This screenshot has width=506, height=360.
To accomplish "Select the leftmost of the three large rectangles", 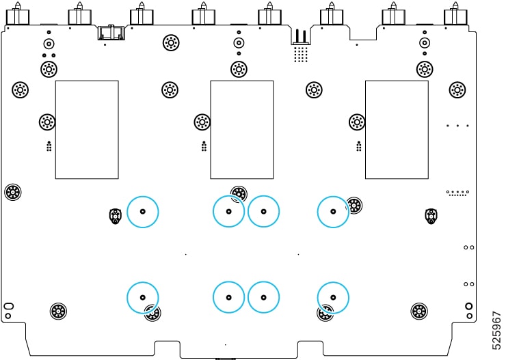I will [x=87, y=129].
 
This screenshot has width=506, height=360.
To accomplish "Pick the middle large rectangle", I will [x=241, y=129].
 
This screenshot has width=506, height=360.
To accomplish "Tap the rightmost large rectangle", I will [x=397, y=129].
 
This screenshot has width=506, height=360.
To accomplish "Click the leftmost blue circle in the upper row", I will [x=143, y=211].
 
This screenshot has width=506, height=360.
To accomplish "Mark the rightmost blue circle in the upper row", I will [x=333, y=211].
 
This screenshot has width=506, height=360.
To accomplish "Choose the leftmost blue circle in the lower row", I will [x=143, y=297].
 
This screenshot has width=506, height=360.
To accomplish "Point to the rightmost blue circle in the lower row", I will [x=333, y=297].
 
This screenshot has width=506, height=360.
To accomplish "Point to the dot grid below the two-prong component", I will [x=300, y=54].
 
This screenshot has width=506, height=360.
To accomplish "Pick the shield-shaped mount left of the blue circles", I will [x=116, y=216].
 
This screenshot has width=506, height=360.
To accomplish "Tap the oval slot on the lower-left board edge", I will [x=8, y=305].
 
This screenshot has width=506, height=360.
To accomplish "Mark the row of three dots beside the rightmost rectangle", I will [x=457, y=126].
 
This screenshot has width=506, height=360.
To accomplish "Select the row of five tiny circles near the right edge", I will [x=457, y=193].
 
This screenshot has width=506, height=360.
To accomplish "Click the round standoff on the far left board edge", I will [x=12, y=192].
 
